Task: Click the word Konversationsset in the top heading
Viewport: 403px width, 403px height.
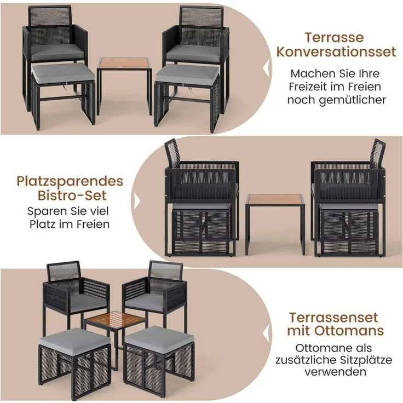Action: click(x=336, y=53)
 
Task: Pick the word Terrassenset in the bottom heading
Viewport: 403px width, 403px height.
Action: click(x=336, y=317)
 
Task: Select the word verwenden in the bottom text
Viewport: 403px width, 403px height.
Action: click(x=336, y=372)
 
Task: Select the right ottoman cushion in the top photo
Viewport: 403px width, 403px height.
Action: click(x=187, y=73)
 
